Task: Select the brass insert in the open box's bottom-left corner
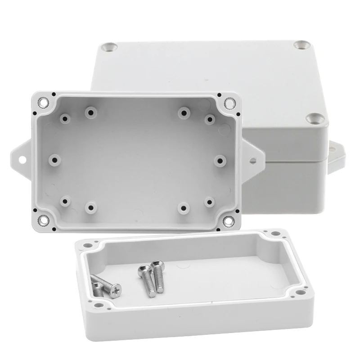(x=44, y=220)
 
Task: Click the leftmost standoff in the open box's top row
(x=66, y=118)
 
